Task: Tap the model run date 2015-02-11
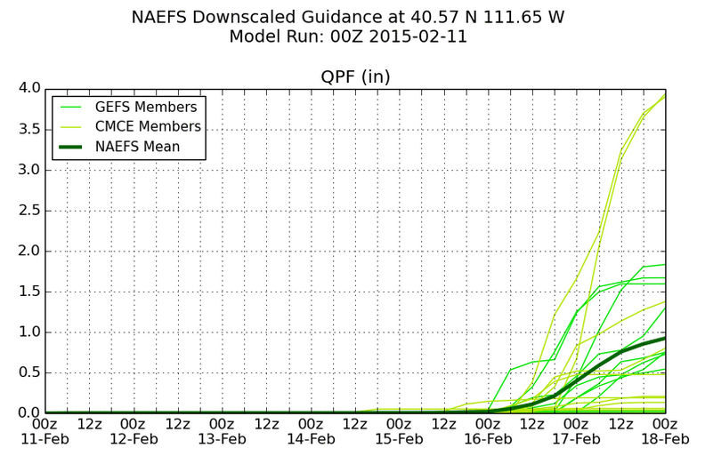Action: pos(418,36)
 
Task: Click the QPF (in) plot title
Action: pos(355,76)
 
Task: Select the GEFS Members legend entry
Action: pos(146,107)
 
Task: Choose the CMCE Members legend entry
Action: pos(148,126)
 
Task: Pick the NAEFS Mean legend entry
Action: pos(138,147)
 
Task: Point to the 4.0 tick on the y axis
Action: pos(29,88)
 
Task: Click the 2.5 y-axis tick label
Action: pos(29,210)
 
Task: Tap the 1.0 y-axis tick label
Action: pos(29,332)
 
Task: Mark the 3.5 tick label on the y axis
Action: pos(29,129)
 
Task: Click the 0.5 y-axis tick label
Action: pos(29,372)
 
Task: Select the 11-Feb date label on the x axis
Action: pos(45,439)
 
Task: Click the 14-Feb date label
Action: pos(312,439)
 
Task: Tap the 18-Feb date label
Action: pos(666,439)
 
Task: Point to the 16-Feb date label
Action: pos(489,439)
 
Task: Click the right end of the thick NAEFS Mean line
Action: pos(665,338)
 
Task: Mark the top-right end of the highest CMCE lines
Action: pos(665,95)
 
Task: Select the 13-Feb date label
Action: pos(223,439)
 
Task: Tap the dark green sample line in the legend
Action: pos(70,147)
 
